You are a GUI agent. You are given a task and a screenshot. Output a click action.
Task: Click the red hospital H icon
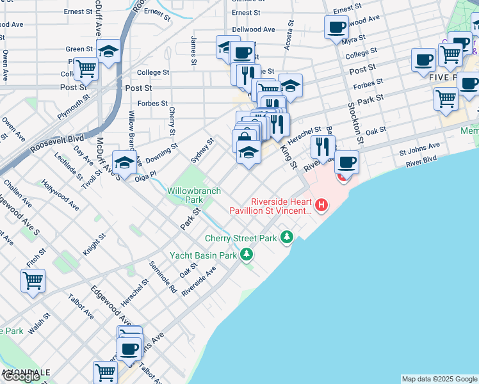click(321, 205)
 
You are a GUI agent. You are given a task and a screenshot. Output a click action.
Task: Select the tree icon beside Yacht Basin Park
click(247, 255)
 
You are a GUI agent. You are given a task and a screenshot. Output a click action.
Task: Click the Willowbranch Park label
click(193, 195)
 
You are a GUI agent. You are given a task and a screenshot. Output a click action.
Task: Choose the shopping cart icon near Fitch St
click(33, 280)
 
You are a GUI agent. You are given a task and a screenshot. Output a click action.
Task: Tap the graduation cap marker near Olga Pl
click(124, 161)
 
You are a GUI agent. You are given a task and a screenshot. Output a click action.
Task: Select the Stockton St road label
click(355, 122)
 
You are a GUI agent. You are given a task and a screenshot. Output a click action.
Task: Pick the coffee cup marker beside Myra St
click(336, 27)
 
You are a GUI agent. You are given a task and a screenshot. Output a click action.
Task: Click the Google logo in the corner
click(21, 376)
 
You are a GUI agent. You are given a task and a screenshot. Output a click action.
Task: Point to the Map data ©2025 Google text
click(439, 379)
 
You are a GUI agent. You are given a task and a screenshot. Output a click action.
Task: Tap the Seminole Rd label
click(163, 276)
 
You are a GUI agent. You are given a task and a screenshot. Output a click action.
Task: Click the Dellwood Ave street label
click(253, 29)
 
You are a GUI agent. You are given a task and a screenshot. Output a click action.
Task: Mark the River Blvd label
click(421, 161)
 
